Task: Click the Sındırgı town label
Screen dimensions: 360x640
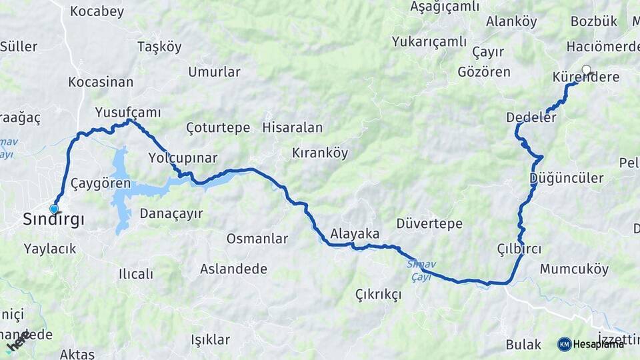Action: click(x=53, y=219)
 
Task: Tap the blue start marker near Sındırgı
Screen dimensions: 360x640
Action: click(x=54, y=209)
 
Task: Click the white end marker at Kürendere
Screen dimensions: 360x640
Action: click(x=587, y=69)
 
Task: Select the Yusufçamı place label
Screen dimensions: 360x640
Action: click(x=128, y=111)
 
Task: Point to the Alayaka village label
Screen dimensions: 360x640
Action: click(x=355, y=234)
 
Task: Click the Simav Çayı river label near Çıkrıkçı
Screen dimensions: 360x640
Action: click(x=421, y=270)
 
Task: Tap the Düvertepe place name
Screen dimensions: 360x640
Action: click(x=429, y=223)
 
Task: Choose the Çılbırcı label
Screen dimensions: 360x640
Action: click(x=519, y=248)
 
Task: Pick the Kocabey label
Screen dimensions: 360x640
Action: click(x=97, y=11)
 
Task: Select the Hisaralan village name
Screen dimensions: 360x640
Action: click(x=293, y=127)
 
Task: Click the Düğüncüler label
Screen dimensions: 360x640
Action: click(x=566, y=178)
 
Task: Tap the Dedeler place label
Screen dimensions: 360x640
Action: click(x=531, y=117)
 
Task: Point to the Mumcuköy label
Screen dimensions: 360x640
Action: click(x=574, y=269)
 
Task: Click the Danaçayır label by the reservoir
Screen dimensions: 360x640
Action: click(x=171, y=213)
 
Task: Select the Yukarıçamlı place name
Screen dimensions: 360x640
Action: click(x=429, y=41)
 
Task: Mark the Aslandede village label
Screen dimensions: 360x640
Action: click(x=233, y=269)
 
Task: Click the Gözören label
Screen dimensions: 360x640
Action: click(x=484, y=72)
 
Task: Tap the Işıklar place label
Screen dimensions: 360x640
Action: click(x=210, y=339)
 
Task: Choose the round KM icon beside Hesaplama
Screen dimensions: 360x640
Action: click(x=564, y=344)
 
